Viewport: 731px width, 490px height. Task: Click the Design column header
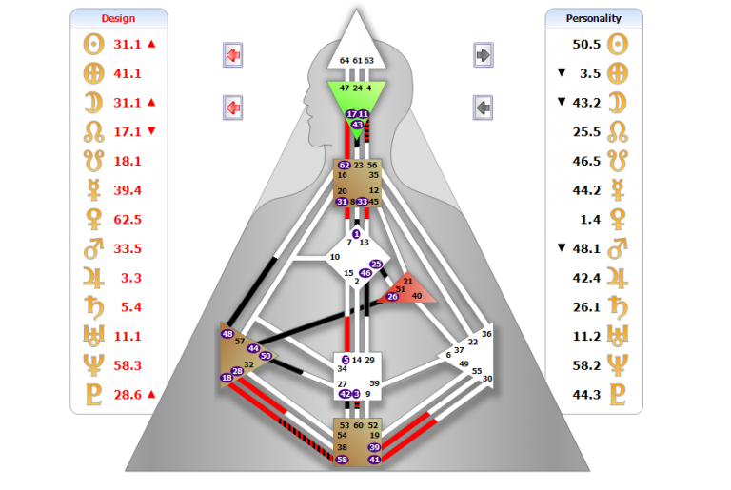pos(118,18)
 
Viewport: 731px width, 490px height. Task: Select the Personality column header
pos(593,18)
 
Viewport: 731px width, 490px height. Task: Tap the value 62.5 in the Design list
pos(128,219)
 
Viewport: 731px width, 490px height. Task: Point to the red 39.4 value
pos(128,190)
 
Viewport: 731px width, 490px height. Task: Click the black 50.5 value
pos(586,44)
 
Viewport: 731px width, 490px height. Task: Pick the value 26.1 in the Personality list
pos(586,306)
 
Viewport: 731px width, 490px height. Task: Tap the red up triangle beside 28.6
pos(150,393)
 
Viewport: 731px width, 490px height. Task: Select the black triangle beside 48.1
pos(561,248)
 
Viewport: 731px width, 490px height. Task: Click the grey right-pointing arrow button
pos(484,55)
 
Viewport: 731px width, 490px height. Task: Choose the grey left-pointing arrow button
pos(484,108)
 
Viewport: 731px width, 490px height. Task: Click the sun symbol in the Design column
pos(93,44)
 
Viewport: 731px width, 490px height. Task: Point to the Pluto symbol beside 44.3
pos(619,394)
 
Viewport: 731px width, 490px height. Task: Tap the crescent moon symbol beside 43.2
pos(619,102)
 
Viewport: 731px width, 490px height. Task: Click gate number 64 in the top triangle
pos(344,60)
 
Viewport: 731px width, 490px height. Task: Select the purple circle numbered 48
pos(227,334)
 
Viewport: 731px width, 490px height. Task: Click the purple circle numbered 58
pos(342,460)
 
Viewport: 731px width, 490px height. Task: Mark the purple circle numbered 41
pos(374,460)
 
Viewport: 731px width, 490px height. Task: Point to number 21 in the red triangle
pos(407,282)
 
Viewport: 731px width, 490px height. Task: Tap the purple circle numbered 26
pos(392,297)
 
